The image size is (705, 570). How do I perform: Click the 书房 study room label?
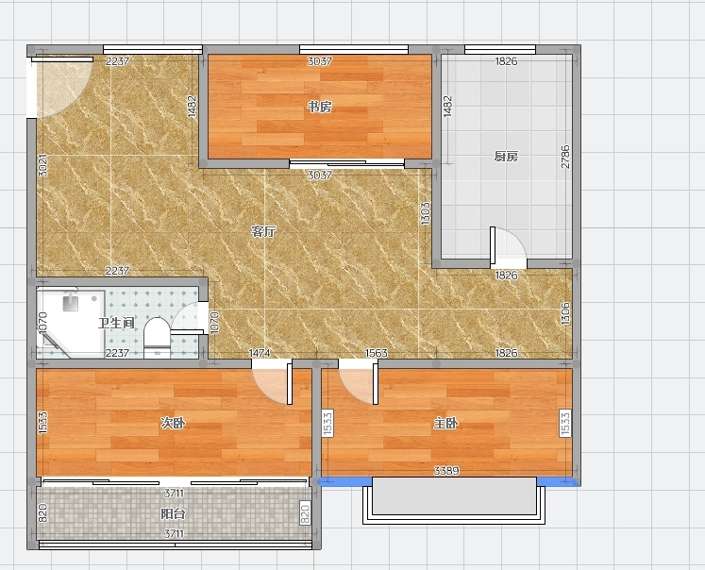tap(320, 107)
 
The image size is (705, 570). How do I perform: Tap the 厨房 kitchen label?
tap(506, 157)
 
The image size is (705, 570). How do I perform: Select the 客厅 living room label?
tap(263, 232)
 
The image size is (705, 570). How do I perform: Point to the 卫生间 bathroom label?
tap(116, 323)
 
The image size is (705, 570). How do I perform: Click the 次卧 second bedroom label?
tap(173, 423)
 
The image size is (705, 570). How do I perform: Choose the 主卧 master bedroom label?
tap(446, 423)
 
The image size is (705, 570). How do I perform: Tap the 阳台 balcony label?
tap(173, 513)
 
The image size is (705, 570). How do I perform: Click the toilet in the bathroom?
tap(157, 338)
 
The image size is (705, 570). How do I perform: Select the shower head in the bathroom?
tap(71, 302)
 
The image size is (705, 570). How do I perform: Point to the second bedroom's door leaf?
tap(290, 384)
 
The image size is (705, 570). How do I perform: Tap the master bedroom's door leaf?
tap(376, 384)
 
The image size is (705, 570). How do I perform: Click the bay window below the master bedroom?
tap(454, 500)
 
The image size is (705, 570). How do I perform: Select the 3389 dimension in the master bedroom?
tap(446, 471)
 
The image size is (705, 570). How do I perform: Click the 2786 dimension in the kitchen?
tap(565, 157)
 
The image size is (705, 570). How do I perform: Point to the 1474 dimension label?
tap(260, 353)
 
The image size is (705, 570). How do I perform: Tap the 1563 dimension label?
tap(377, 353)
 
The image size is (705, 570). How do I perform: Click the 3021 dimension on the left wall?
tap(42, 165)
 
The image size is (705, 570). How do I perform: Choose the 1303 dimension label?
tap(426, 213)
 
